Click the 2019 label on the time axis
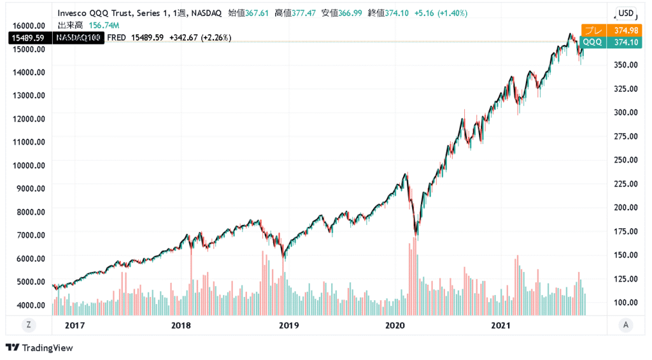tap(289, 325)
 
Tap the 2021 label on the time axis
tap(502, 325)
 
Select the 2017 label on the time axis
tap(74, 325)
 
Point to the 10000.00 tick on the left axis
tap(28, 165)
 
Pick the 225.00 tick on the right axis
tap(625, 184)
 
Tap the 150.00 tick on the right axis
tap(625, 255)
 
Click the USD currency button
tap(626, 13)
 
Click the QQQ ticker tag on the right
tap(592, 42)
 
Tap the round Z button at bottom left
tap(29, 325)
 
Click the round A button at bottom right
tap(626, 325)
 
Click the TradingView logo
tap(39, 348)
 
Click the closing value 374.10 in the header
tap(397, 13)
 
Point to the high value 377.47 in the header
tap(304, 13)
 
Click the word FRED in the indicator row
tap(117, 38)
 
